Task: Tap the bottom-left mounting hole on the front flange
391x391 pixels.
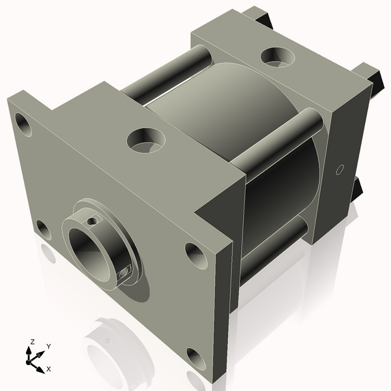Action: pyautogui.click(x=42, y=229)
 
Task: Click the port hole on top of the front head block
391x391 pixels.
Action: pyautogui.click(x=145, y=139)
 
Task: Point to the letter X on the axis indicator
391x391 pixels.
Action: pyautogui.click(x=48, y=369)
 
